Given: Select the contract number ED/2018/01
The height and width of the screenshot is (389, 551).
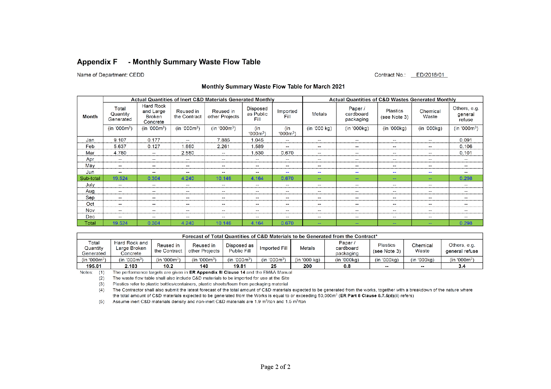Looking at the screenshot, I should (x=430, y=75).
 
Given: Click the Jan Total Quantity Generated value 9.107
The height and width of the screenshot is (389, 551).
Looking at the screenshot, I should (x=120, y=140).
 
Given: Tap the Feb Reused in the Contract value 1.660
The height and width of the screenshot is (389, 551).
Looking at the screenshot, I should (x=188, y=147).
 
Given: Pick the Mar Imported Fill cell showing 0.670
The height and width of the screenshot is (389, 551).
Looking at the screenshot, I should (x=287, y=153).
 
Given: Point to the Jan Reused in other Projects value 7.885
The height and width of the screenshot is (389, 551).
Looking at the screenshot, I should (x=223, y=140).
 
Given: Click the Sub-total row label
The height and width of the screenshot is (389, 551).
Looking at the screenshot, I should (x=90, y=179).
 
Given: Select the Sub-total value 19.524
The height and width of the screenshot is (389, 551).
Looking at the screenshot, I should (x=120, y=179).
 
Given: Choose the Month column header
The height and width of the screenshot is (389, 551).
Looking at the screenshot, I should (x=90, y=117).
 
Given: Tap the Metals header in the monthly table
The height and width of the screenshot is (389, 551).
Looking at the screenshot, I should (x=319, y=114).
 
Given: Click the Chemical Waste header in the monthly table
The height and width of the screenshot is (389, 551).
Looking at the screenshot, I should (x=430, y=114).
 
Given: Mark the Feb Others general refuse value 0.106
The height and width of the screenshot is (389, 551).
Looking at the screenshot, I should (x=466, y=147).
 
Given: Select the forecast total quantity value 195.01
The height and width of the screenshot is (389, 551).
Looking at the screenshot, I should (x=94, y=266).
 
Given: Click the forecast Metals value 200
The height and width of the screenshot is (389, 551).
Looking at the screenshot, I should (x=308, y=266).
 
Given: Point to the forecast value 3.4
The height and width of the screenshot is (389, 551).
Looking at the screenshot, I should (x=462, y=266).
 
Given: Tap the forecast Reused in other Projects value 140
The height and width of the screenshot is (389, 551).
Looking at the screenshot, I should (x=204, y=266).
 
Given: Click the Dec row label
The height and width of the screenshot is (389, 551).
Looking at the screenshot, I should (x=90, y=217).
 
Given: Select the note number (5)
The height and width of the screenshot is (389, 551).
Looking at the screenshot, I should (x=101, y=302).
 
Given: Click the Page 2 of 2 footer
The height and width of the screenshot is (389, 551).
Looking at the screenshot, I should (x=275, y=367).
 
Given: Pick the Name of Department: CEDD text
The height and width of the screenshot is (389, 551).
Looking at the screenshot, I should (x=111, y=75).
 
